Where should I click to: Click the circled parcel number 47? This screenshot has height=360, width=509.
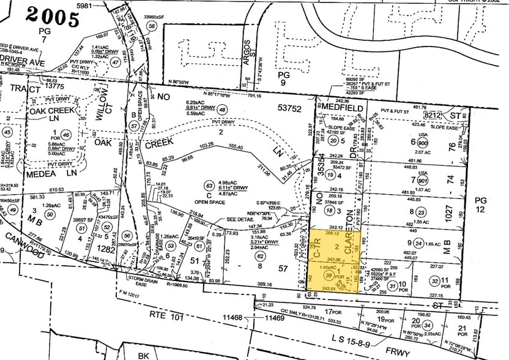click(115, 62)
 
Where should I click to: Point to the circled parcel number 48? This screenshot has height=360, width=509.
click(221, 109)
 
